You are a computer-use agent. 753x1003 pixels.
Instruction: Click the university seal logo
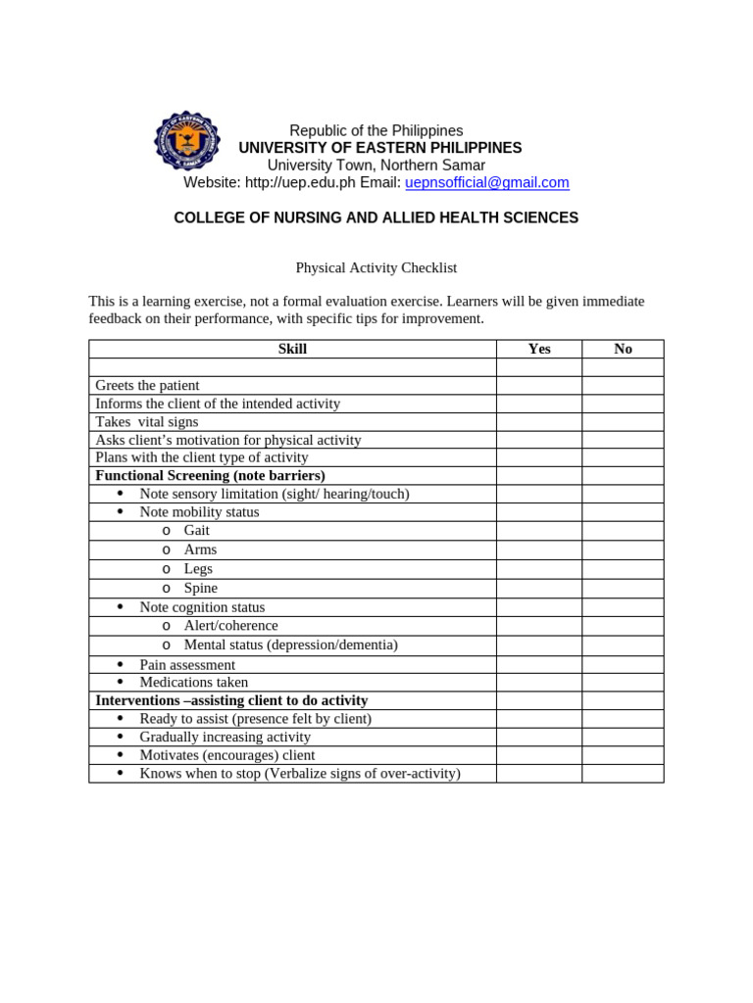click(x=187, y=141)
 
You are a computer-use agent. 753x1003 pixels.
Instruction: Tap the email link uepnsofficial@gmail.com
click(x=486, y=183)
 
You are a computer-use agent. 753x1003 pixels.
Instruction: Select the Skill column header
click(x=292, y=350)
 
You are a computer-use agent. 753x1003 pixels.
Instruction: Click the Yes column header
click(x=539, y=350)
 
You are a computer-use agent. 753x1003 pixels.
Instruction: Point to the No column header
click(x=623, y=350)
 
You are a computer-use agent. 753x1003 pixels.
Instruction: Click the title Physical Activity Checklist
click(x=376, y=267)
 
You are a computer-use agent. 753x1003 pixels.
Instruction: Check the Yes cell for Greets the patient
click(x=539, y=386)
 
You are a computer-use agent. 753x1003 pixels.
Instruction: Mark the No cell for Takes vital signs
click(x=623, y=422)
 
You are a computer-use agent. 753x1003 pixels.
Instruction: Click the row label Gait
click(x=197, y=531)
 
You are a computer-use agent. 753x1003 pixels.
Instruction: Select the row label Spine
click(x=201, y=589)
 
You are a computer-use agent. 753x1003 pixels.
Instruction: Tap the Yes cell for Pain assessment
click(x=539, y=665)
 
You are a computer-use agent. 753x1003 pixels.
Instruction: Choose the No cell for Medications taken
click(x=623, y=683)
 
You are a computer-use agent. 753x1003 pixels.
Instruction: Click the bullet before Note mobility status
click(x=121, y=512)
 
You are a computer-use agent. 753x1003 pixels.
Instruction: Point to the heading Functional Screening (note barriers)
click(x=210, y=476)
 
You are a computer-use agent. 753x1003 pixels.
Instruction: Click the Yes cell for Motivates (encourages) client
click(x=539, y=756)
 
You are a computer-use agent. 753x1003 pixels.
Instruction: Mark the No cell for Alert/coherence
click(x=623, y=626)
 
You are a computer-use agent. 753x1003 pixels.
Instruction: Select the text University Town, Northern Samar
click(x=376, y=166)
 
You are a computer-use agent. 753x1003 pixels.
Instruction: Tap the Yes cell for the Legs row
click(x=539, y=569)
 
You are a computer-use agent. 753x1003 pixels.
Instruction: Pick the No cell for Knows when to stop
click(x=623, y=774)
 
